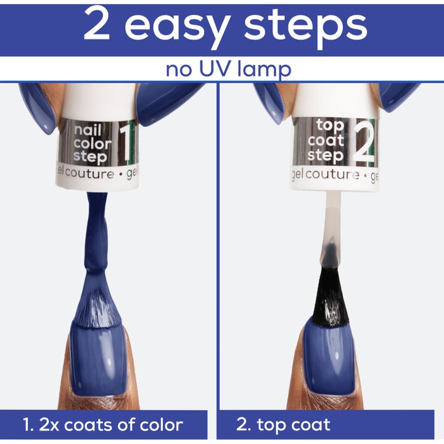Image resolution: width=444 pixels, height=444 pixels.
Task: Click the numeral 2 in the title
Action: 97,24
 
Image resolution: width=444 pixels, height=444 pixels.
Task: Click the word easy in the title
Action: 176,28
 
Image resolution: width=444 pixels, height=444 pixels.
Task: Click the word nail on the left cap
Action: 88,130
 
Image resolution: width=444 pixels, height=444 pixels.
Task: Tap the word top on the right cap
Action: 330,126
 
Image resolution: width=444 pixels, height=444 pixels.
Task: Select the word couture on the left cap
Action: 90,173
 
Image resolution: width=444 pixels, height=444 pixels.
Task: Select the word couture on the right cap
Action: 332,174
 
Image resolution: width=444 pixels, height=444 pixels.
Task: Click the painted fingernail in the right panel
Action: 330,357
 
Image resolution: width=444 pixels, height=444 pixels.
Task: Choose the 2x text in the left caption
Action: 49,425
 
